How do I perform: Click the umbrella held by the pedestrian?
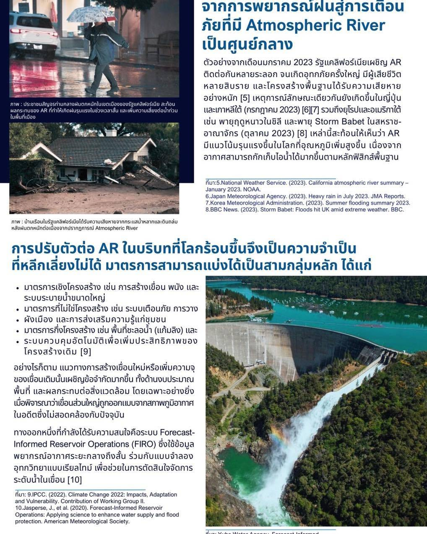click(x=91, y=13)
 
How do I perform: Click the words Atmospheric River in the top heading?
click(x=315, y=26)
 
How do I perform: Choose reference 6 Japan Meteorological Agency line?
click(x=305, y=196)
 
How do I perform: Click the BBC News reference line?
click(x=304, y=209)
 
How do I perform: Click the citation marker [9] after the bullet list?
click(x=85, y=352)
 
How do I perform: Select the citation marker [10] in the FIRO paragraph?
click(x=74, y=479)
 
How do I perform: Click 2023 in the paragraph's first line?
click(x=306, y=63)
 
